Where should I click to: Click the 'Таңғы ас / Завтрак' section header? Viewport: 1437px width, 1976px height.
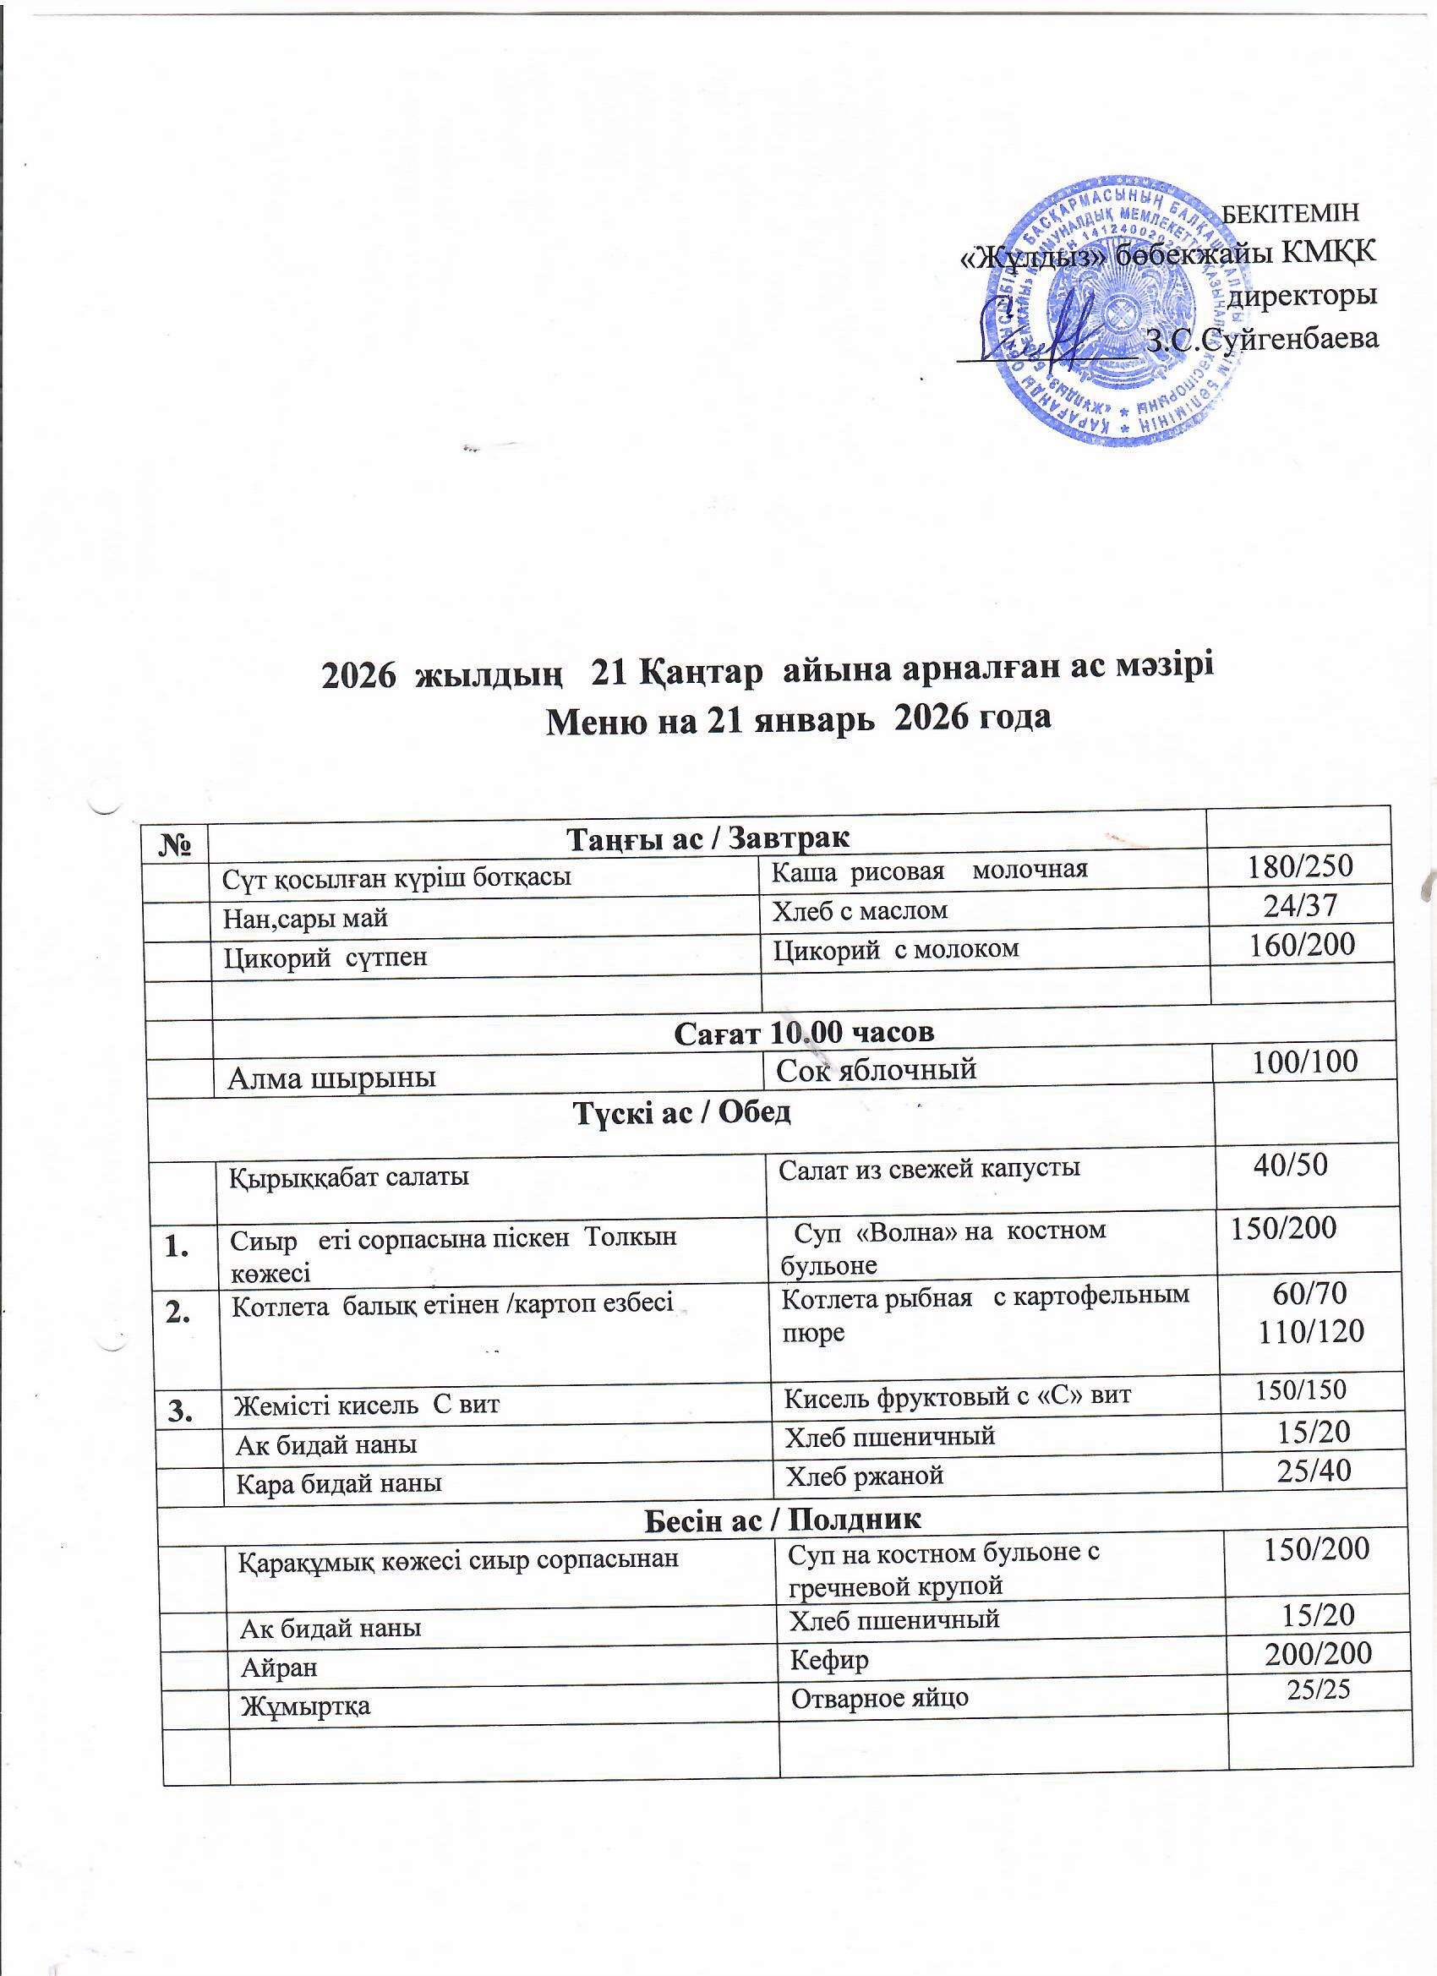click(x=708, y=838)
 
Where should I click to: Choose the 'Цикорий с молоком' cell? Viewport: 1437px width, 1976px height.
click(x=895, y=949)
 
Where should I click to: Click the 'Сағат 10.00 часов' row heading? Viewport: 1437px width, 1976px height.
click(x=804, y=1033)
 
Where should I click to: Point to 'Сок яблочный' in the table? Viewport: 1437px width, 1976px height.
click(x=875, y=1070)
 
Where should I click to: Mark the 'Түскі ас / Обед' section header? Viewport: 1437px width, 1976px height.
click(x=682, y=1112)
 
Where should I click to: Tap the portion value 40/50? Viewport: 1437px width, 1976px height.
click(x=1290, y=1165)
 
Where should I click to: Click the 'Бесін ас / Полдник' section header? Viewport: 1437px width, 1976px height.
click(x=782, y=1520)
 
